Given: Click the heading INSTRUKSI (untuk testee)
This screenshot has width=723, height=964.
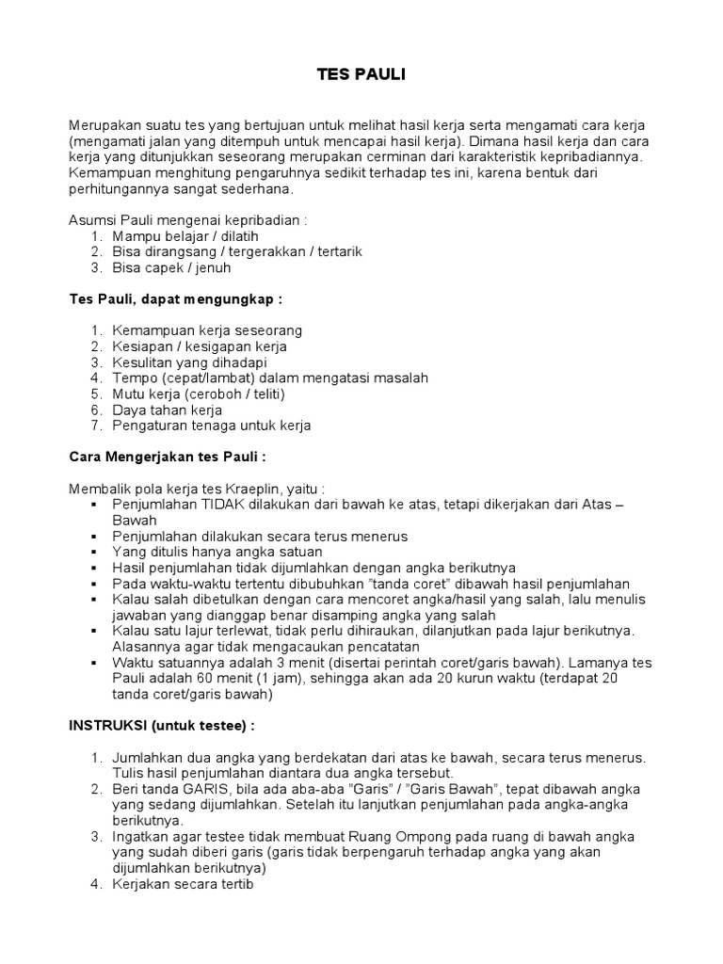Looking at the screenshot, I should (x=159, y=728).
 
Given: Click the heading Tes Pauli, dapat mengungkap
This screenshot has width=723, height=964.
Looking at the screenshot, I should (x=176, y=298).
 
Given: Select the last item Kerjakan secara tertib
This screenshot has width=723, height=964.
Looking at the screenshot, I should (x=183, y=885).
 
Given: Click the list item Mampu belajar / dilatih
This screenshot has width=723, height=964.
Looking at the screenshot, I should (x=185, y=235).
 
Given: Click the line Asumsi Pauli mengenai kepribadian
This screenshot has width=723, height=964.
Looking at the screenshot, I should (x=188, y=219).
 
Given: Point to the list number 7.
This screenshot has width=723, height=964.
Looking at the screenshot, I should (x=96, y=426).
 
